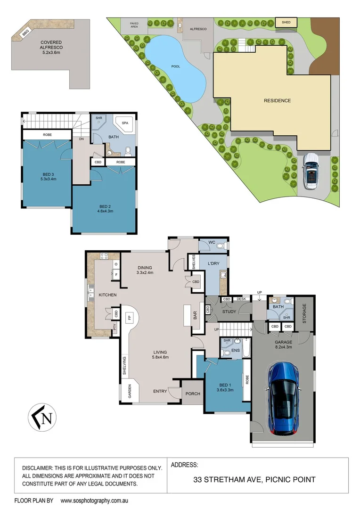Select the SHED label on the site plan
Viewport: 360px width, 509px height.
coord(286,22)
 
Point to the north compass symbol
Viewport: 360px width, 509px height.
coord(42,417)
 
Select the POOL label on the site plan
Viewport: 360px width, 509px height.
coord(175,66)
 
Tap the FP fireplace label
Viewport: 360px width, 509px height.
coord(129,318)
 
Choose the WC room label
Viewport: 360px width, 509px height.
coord(212,243)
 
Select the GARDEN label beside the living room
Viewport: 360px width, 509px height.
coord(129,391)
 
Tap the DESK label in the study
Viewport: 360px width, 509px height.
coord(241,299)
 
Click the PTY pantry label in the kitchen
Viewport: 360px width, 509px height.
coord(115,326)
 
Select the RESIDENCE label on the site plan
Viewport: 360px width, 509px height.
coord(277,100)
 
